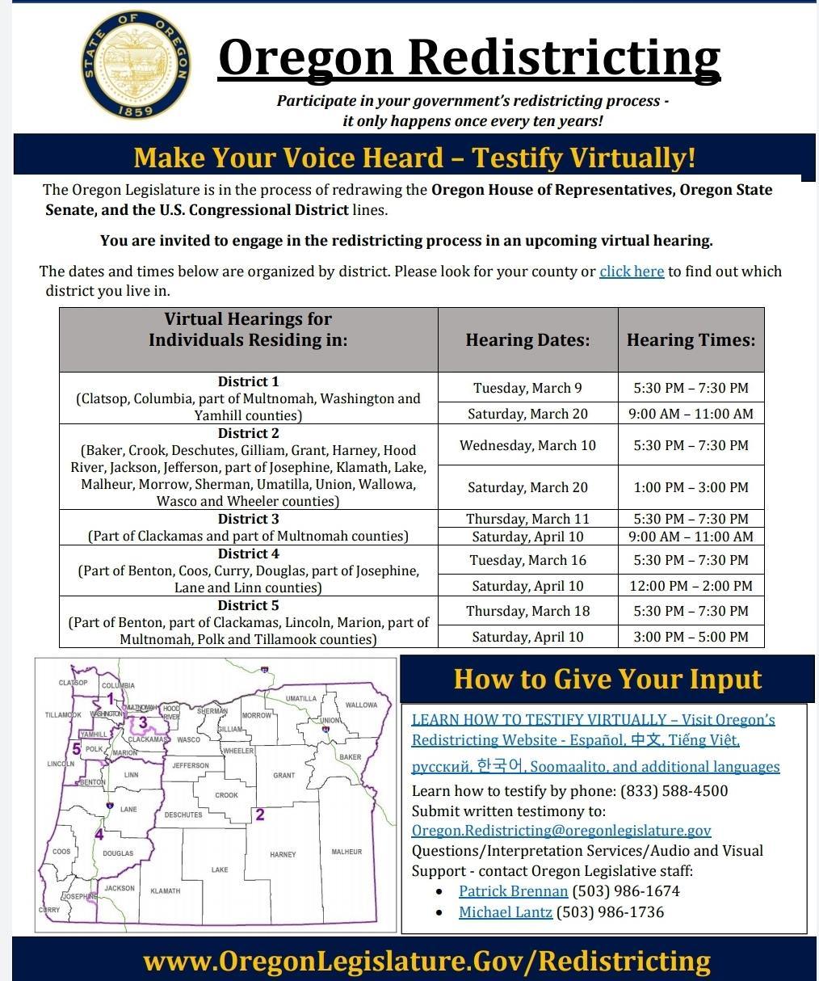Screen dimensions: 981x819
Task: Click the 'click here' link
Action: (632, 272)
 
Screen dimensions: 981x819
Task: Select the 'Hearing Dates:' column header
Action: (527, 340)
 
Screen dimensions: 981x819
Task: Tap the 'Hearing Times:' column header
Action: (691, 340)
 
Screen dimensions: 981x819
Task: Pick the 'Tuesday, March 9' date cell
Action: (527, 388)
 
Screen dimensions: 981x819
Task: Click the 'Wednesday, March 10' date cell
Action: (527, 445)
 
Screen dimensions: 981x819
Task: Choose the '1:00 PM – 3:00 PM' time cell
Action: (691, 487)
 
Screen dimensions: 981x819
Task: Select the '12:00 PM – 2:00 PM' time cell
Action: (691, 586)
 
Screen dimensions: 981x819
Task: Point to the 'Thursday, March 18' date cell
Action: (527, 611)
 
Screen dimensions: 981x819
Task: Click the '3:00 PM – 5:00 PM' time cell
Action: (691, 637)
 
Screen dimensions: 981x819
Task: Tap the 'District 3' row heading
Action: (248, 519)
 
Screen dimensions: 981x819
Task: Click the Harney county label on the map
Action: (283, 854)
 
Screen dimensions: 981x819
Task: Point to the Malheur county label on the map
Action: (346, 852)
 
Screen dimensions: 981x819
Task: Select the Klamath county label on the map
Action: (166, 890)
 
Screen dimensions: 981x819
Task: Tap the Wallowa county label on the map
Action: (361, 705)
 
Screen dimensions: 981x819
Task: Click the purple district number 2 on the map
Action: (260, 815)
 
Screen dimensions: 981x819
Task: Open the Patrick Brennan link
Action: (513, 891)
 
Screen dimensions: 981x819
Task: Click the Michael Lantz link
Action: (506, 912)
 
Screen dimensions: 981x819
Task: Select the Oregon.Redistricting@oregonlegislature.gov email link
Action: (561, 831)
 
